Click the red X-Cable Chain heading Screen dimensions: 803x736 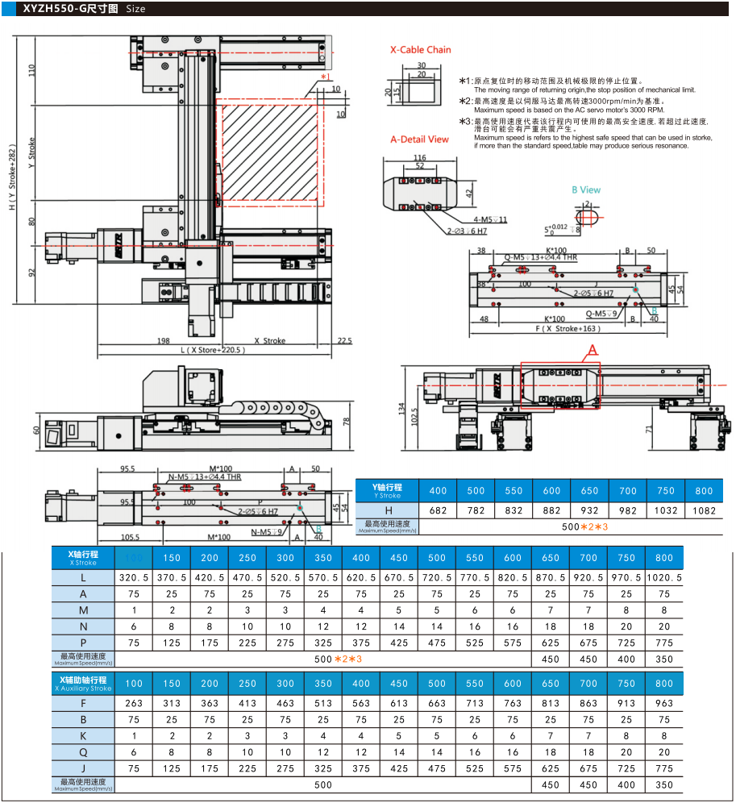[x=420, y=50]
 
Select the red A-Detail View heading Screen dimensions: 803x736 [x=419, y=139]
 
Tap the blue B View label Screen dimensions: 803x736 [x=586, y=190]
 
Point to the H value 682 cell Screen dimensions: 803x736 [x=438, y=510]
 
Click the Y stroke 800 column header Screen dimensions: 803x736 [x=703, y=490]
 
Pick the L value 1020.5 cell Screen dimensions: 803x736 [x=664, y=578]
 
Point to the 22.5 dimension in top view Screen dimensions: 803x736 [x=344, y=341]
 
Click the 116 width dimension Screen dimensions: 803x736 [x=419, y=157]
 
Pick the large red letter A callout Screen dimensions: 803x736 [x=593, y=349]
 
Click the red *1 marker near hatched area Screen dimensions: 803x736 [x=325, y=77]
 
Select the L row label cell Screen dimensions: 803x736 [x=84, y=578]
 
